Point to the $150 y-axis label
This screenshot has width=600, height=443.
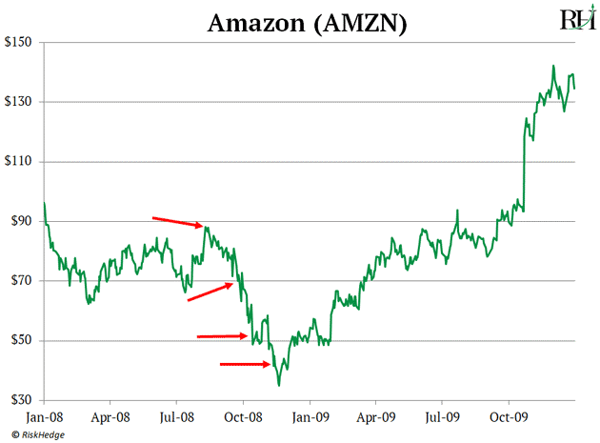pos(21,43)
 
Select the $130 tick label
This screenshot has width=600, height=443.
pos(21,102)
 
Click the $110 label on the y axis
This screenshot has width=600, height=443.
pos(21,162)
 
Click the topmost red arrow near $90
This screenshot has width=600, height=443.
pos(178,222)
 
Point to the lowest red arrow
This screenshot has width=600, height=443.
pos(245,363)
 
